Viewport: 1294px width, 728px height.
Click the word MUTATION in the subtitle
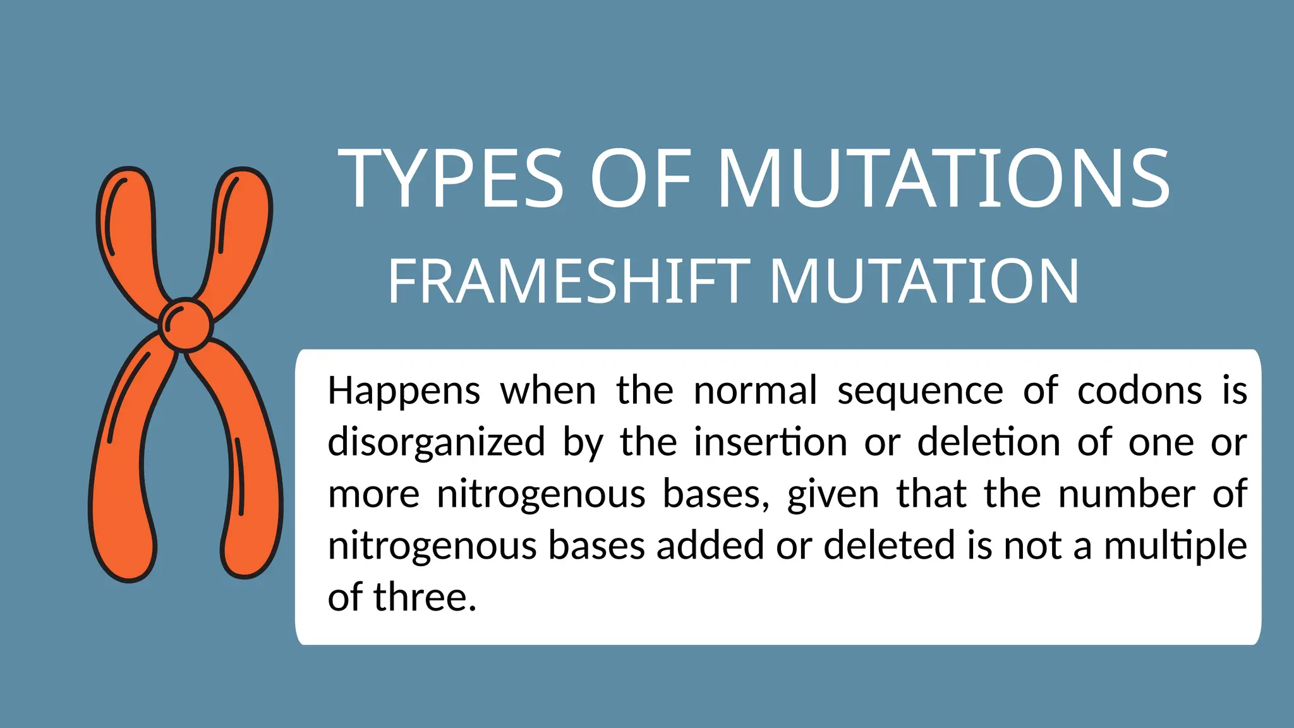point(924,282)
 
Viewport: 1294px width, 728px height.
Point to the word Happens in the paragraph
point(404,392)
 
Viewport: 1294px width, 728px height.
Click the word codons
point(1139,391)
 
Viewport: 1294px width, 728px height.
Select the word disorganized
point(436,442)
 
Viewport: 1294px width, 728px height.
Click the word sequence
point(920,392)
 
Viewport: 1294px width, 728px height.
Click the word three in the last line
point(425,597)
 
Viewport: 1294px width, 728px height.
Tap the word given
point(833,494)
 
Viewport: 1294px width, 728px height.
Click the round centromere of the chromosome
point(186,324)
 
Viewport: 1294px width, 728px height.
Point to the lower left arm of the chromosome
point(123,468)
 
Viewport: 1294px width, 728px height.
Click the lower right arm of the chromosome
point(250,468)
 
